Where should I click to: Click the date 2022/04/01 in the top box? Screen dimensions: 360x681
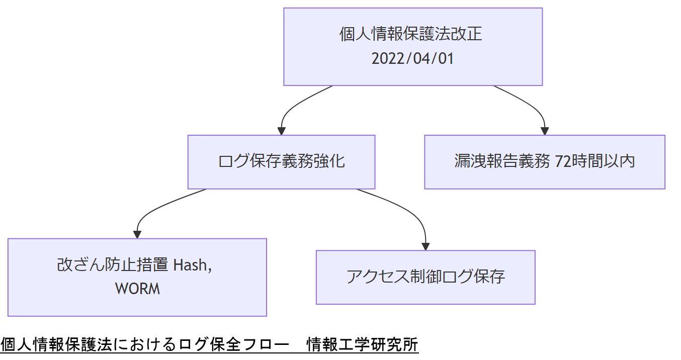pos(412,59)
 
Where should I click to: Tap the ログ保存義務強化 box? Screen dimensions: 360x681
pos(281,161)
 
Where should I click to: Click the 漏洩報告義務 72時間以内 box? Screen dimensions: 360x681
pos(544,161)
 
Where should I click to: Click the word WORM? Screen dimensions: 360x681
pos(137,289)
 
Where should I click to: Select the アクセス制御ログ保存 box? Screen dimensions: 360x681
pos(425,277)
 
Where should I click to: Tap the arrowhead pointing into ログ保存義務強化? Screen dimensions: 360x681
pos(282,131)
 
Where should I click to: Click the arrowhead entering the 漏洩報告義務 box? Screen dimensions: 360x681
pos(545,131)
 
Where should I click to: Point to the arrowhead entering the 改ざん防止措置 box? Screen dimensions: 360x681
pos(137,234)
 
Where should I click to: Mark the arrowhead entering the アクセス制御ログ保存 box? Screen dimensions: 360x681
pos(425,246)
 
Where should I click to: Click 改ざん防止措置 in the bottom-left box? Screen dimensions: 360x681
pos(113,265)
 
